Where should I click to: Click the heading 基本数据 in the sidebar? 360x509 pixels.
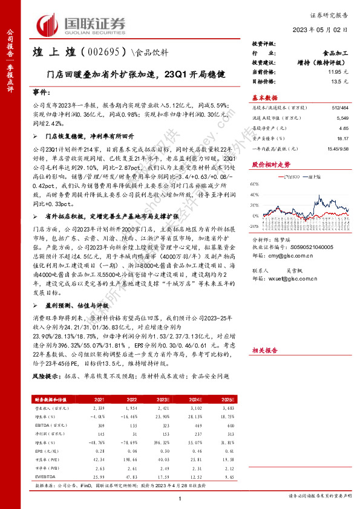(264, 97)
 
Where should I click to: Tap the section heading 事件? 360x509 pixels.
(40, 95)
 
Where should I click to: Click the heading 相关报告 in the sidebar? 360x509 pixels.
(264, 350)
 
